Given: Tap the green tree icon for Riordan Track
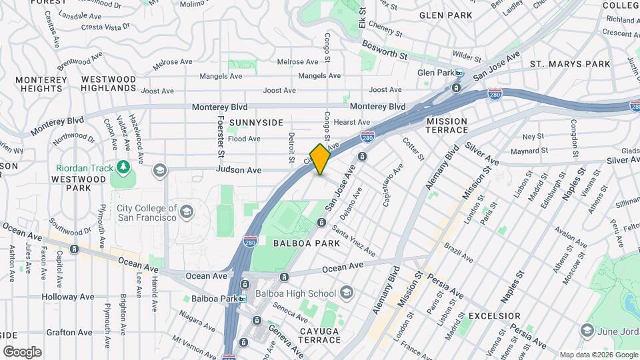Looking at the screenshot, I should (122, 165).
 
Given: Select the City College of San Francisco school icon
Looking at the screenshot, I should (187, 212).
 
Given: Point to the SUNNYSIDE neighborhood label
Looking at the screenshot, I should (256, 123).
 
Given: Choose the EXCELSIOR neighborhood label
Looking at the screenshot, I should (494, 315).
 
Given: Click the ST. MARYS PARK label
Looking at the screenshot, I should (570, 64).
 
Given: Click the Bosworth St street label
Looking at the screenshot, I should (384, 49).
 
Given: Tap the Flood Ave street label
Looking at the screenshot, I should (244, 139).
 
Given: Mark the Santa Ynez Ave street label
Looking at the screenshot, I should (353, 242).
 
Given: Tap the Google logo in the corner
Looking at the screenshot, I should (22, 351).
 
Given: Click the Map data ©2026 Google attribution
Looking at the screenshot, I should (598, 355).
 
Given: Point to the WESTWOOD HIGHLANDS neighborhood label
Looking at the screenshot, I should (109, 83).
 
